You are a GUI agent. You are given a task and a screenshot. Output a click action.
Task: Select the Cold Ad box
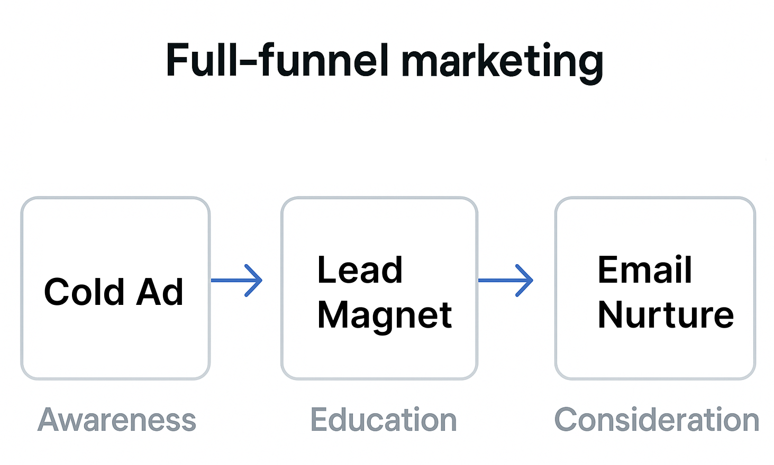tap(115, 338)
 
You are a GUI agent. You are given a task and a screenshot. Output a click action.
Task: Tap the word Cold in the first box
tap(84, 292)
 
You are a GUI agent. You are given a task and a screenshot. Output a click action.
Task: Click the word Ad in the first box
tap(159, 292)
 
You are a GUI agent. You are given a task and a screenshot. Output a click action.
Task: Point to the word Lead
tap(360, 271)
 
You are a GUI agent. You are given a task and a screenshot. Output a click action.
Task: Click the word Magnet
tap(384, 315)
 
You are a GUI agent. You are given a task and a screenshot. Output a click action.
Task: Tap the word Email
tap(644, 271)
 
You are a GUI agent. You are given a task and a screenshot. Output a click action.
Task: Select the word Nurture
tap(666, 315)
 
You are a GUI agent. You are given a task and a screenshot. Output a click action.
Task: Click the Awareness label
tap(117, 420)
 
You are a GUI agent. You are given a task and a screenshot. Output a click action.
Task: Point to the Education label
tap(384, 420)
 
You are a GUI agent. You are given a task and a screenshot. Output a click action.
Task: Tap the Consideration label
tap(657, 420)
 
